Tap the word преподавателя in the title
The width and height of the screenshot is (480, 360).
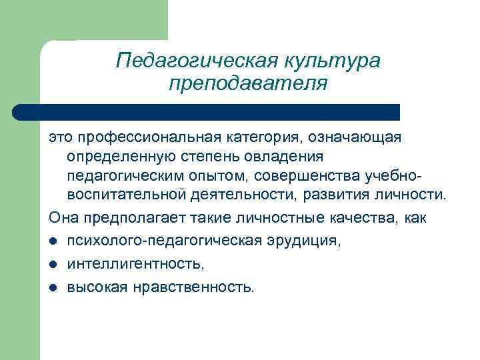(249, 84)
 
